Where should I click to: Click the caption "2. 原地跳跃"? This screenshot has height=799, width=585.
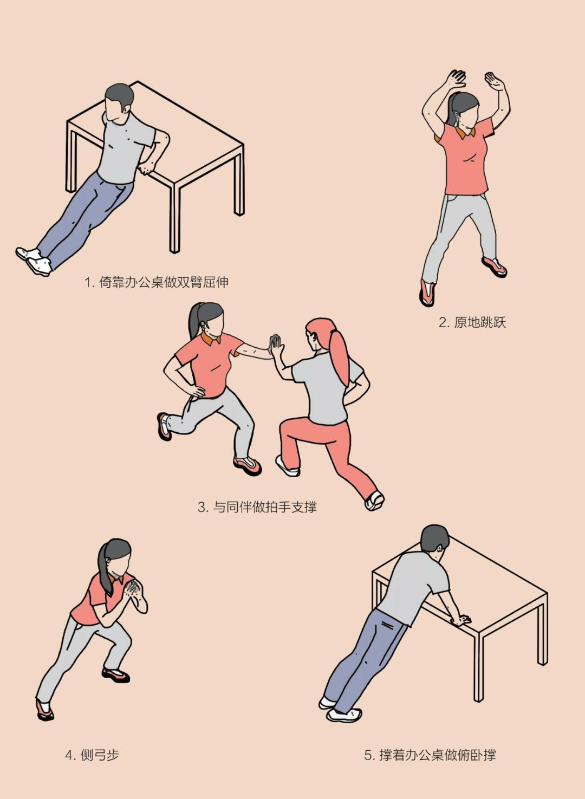point(472,323)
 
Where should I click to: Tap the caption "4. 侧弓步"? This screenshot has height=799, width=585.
point(92,755)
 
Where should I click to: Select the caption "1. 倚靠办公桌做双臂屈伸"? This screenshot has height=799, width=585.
point(157,282)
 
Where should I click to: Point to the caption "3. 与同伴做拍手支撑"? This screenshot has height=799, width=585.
point(257,507)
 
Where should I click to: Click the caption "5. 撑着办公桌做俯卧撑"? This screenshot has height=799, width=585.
point(430,755)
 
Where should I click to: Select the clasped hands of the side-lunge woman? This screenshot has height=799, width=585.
point(132,589)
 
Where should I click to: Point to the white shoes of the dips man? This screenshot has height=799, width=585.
point(35,260)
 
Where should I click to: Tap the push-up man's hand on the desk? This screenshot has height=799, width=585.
point(461,619)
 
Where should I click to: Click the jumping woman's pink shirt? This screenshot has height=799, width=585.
point(466,163)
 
